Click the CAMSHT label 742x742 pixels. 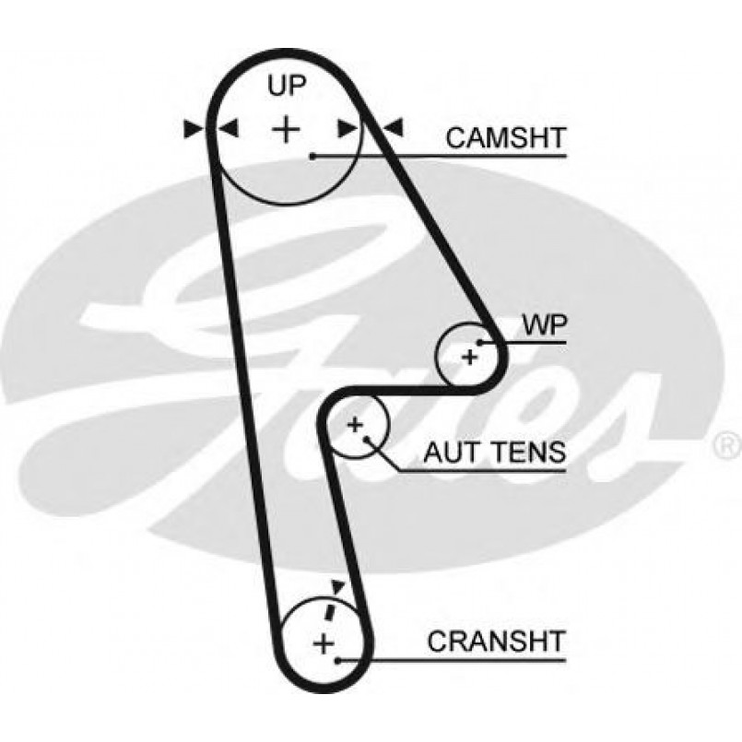504,137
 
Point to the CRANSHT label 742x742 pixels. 495,640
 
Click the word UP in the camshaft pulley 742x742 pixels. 286,87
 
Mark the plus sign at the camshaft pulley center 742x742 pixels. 287,128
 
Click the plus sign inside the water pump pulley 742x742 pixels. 470,356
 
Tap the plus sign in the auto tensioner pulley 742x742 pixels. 355,424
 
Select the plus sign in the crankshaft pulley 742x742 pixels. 323,642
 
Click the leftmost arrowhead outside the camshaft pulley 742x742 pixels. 193,129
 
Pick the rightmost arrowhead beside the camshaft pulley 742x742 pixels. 394,129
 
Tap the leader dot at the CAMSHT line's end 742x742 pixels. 313,157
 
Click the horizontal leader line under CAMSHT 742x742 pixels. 442,157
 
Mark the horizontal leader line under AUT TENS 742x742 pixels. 479,471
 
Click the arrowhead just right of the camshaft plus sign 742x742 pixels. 347,129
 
